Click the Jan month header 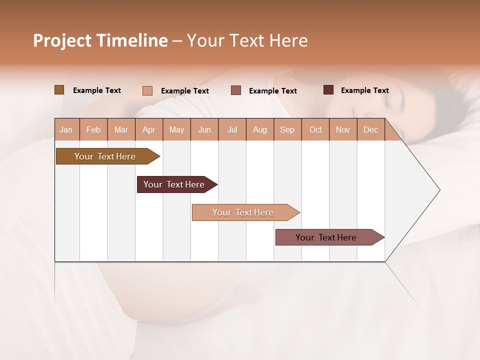click(66, 129)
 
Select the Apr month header click(148, 129)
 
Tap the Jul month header click(232, 129)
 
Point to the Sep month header click(287, 129)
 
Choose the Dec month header click(370, 129)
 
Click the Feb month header click(93, 129)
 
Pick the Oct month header click(315, 129)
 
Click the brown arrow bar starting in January click(105, 156)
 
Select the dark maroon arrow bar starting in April click(174, 184)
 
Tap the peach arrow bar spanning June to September click(243, 212)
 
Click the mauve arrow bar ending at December click(326, 237)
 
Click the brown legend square click(59, 90)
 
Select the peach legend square click(147, 90)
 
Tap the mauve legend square click(236, 90)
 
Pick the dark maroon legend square click(328, 90)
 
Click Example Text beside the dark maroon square click(364, 90)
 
